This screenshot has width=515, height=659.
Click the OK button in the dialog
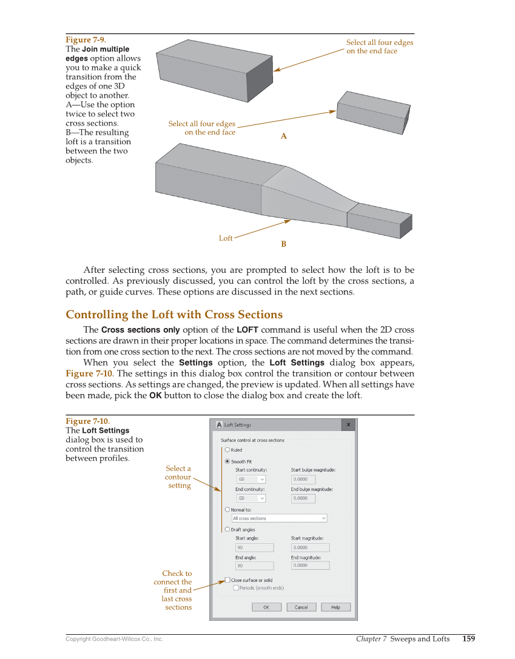point(266,607)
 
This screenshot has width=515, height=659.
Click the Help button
point(335,607)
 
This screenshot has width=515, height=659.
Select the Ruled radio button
point(227,450)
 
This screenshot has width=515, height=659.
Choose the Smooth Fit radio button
point(227,461)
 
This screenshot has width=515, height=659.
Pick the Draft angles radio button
point(227,529)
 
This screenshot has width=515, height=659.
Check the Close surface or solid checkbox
point(227,580)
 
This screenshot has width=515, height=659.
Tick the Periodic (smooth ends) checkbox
point(236,587)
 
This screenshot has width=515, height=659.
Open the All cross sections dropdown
point(279,518)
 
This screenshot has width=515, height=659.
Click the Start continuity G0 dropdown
point(251,479)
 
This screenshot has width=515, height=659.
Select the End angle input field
point(254,566)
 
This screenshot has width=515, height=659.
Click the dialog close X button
point(348,425)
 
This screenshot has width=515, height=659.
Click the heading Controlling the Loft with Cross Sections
point(174,315)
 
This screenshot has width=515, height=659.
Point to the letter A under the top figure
point(283,137)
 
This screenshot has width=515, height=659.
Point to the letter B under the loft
point(283,244)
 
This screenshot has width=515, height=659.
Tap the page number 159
point(468,638)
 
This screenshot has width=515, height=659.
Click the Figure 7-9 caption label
point(81,40)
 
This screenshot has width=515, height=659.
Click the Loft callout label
point(226,238)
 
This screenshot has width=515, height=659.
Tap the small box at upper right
point(373,113)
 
